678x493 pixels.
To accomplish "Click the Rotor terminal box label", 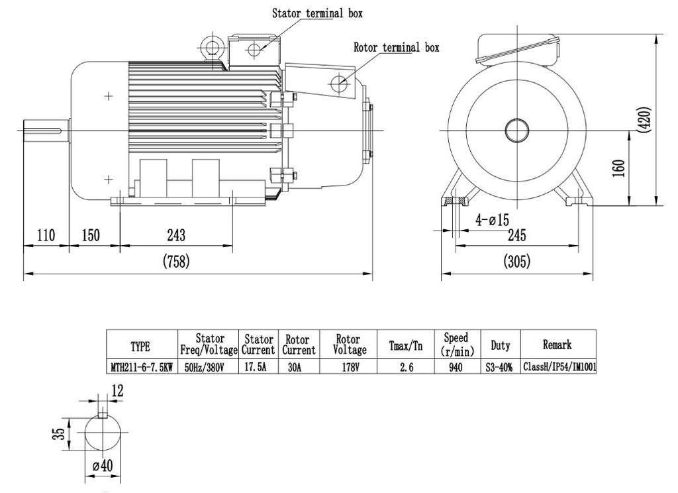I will pyautogui.click(x=396, y=48).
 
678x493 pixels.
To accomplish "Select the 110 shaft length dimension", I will pyautogui.click(x=46, y=235).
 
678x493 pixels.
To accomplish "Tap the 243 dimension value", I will pyautogui.click(x=175, y=235).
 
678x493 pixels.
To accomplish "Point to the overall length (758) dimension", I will pyautogui.click(x=176, y=262).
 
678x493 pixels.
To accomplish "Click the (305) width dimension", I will pyautogui.click(x=516, y=262).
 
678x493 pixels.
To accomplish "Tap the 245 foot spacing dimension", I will pyautogui.click(x=516, y=235).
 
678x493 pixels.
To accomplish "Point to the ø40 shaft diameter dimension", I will pyautogui.click(x=103, y=466).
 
